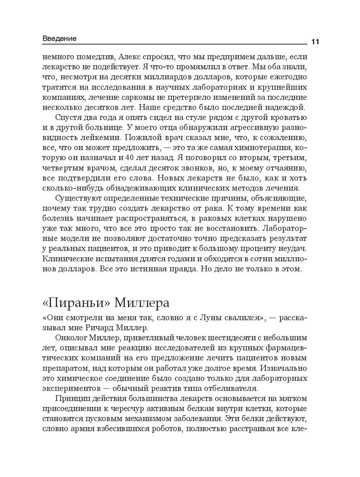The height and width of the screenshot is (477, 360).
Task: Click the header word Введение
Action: (x=59, y=39)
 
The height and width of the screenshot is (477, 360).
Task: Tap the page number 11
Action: (x=315, y=42)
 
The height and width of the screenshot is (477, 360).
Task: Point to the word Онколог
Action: (x=72, y=338)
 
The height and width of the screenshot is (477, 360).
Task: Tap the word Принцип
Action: (x=72, y=399)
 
